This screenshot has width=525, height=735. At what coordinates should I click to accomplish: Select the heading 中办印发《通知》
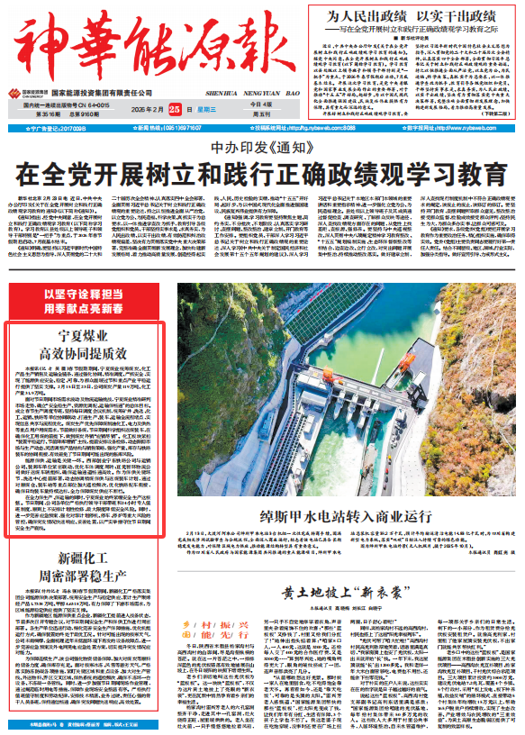[261, 148]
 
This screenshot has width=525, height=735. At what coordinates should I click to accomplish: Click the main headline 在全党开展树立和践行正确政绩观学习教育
[262, 170]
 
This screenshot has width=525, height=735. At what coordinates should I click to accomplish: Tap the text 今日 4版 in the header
[238, 104]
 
